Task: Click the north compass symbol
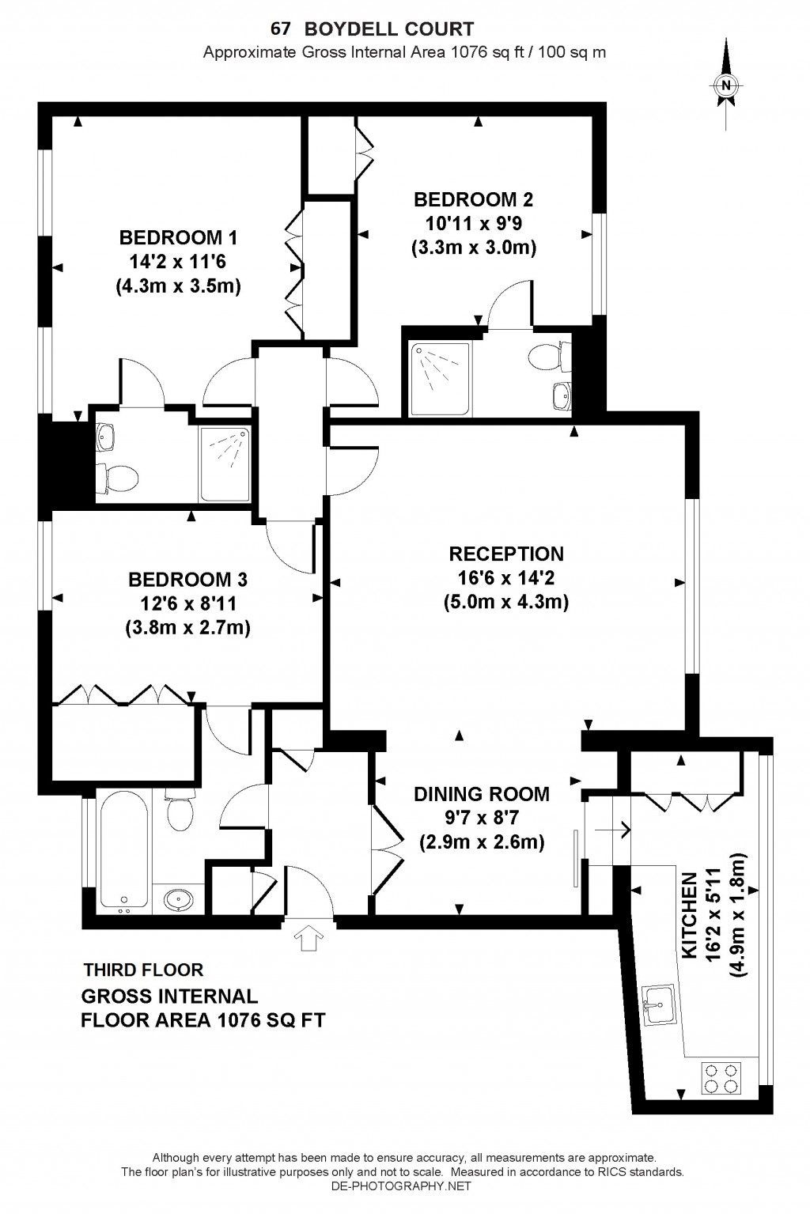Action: point(725,85)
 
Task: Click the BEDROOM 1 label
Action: point(178,237)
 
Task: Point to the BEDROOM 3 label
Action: point(187,580)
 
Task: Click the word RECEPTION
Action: point(506,554)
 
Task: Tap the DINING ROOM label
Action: point(481,793)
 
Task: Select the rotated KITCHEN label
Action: point(690,916)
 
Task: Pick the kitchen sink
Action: point(658,1006)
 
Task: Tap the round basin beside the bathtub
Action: point(179,899)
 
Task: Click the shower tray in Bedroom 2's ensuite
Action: point(440,372)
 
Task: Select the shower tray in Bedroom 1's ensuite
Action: point(225,463)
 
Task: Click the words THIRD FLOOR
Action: point(143,970)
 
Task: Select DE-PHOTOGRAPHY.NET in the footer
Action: point(402,1208)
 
